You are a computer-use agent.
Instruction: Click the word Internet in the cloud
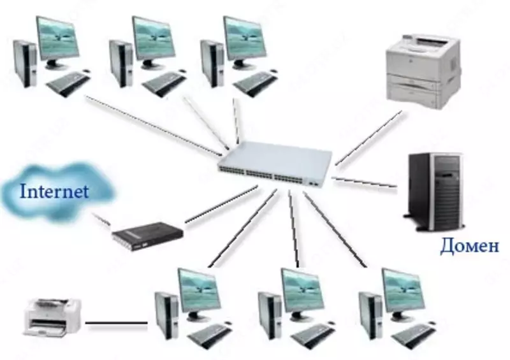[x=54, y=191]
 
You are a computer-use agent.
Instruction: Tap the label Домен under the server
[x=469, y=247]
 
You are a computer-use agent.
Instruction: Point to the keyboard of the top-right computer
[x=255, y=82]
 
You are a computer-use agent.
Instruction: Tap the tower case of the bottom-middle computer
[x=270, y=315]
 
